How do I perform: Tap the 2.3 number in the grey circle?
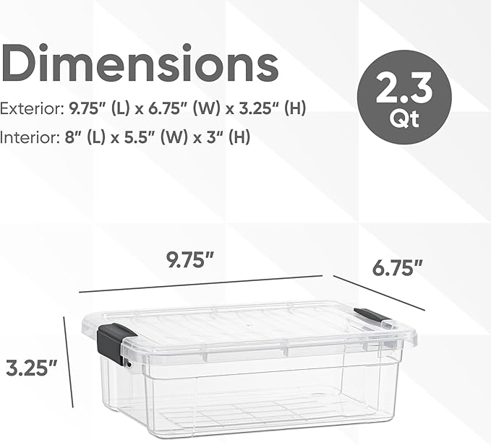point(404,92)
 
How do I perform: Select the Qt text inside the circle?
point(404,120)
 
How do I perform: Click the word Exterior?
point(30,109)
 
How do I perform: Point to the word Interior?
point(27,137)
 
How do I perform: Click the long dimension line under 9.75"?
point(200,283)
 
